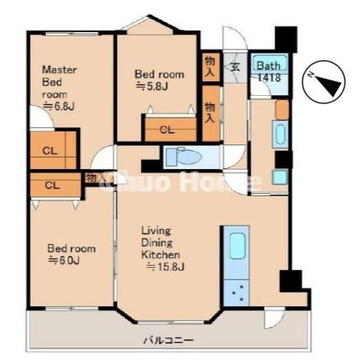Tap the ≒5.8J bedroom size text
152,86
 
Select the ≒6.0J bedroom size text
64,261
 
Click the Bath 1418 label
269,71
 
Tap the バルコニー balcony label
168,340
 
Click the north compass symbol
324,81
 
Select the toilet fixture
184,157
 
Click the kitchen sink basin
237,246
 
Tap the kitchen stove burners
237,293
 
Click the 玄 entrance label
234,67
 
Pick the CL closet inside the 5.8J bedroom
171,129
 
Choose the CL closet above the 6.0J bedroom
55,185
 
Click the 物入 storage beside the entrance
210,67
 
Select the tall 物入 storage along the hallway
210,113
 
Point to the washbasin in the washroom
281,134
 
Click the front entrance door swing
234,38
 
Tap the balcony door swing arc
274,318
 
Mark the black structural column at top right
286,39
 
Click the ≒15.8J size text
165,266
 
